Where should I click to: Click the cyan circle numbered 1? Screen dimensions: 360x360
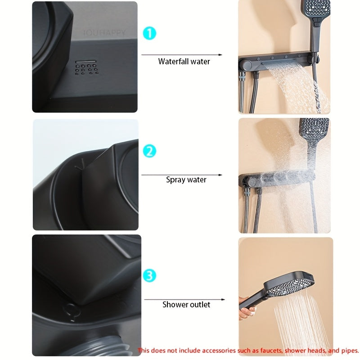click(149, 33)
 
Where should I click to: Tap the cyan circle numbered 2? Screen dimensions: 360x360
click(149, 151)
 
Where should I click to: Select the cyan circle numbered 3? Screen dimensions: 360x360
click(149, 275)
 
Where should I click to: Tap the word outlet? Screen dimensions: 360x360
click(199, 305)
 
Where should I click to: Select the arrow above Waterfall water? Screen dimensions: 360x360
click(182, 55)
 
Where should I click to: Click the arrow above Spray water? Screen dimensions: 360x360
click(182, 175)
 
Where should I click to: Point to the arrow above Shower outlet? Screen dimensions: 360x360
click(184, 299)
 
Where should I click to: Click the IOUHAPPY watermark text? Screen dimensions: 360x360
click(104, 33)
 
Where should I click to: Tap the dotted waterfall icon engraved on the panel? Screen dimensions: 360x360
click(87, 68)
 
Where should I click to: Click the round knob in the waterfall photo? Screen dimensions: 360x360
click(246, 65)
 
